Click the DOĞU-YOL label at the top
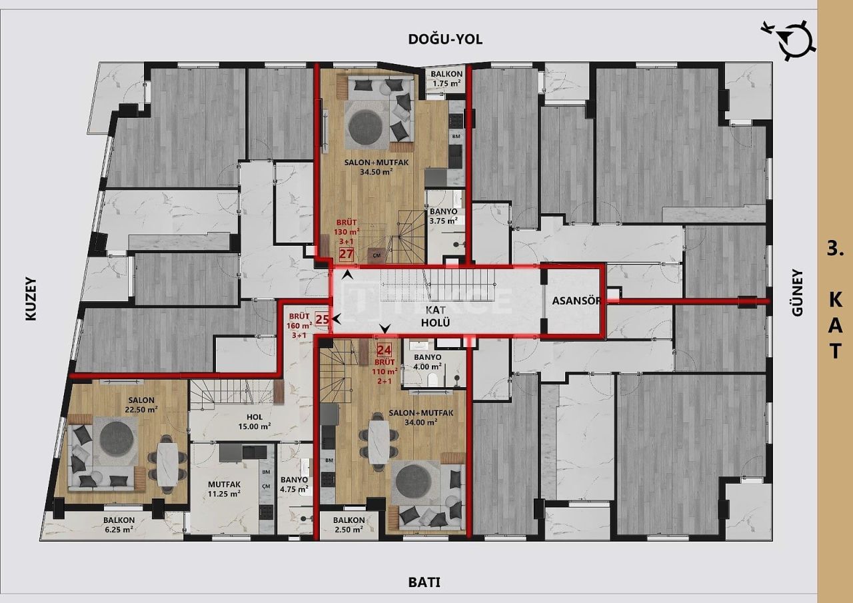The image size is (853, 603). [445, 39]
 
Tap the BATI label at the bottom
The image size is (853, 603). [424, 582]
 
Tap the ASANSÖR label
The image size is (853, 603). [576, 301]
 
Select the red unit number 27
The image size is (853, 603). [346, 253]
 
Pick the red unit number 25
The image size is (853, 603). [322, 319]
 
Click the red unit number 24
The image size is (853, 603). [383, 350]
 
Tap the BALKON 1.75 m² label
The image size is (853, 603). [446, 79]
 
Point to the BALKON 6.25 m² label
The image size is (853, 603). [119, 525]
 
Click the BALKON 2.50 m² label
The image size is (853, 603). [349, 525]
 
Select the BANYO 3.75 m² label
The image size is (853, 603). [443, 216]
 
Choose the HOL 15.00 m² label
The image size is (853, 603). [255, 422]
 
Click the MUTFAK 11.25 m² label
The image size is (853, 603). [223, 488]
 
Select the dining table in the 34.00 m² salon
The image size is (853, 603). [377, 445]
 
